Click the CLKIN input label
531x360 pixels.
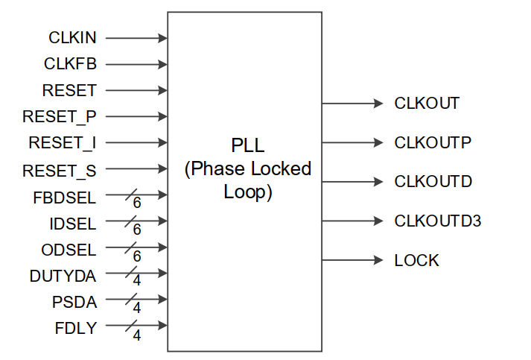(72, 37)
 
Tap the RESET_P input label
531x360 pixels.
(60, 116)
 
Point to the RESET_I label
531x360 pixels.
(63, 143)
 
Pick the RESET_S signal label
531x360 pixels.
(60, 170)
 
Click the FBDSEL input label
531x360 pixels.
(65, 197)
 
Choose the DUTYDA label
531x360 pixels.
(63, 276)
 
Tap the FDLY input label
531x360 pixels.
(75, 328)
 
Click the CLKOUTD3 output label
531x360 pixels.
(438, 221)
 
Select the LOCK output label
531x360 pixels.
(416, 260)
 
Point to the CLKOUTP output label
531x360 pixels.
(433, 142)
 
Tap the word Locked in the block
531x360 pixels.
(284, 168)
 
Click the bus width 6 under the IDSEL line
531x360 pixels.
(137, 230)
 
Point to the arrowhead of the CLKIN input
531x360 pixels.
(162, 37)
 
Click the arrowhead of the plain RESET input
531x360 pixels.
(162, 90)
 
